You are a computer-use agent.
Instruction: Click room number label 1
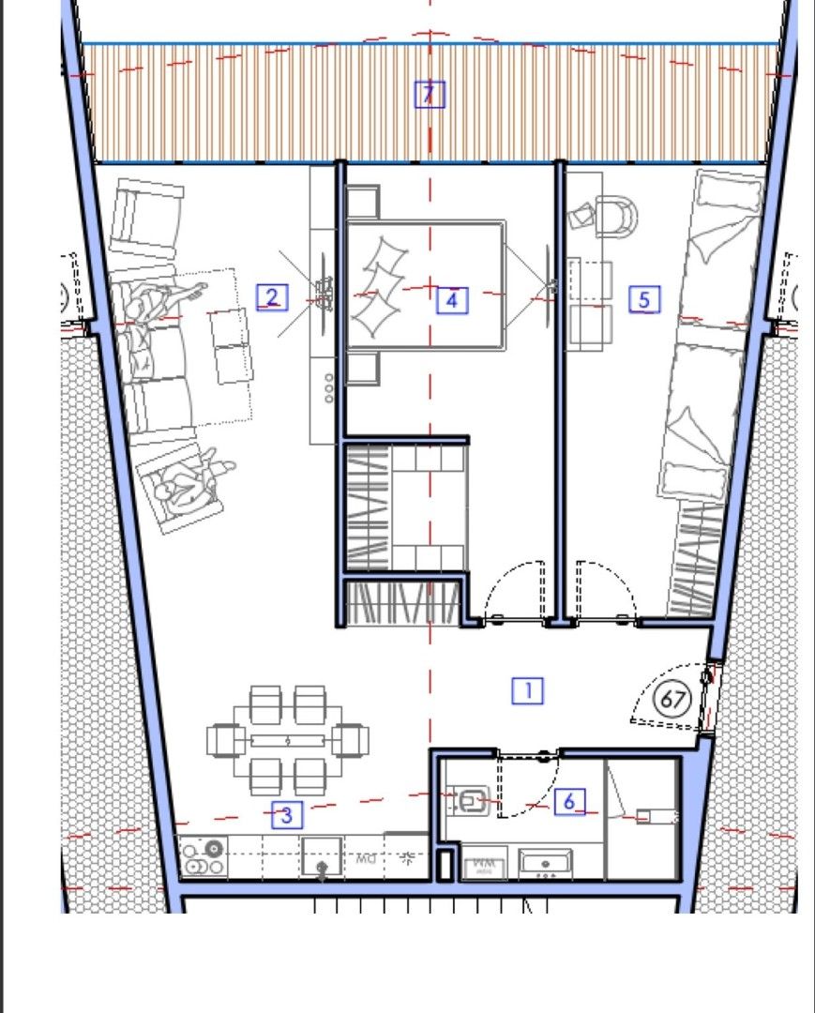(x=528, y=691)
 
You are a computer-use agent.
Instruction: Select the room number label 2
(x=272, y=298)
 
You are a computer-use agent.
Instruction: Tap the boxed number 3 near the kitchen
(x=287, y=815)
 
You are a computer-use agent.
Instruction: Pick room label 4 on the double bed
(x=452, y=300)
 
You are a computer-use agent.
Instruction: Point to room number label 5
(x=643, y=299)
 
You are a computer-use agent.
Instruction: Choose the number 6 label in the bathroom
(x=569, y=801)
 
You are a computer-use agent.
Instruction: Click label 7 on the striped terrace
(x=429, y=94)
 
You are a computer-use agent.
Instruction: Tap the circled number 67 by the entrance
(x=672, y=700)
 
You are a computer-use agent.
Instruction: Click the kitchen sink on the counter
(x=322, y=857)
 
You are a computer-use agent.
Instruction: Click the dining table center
(x=287, y=740)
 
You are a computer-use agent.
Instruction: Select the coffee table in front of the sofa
(x=231, y=346)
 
